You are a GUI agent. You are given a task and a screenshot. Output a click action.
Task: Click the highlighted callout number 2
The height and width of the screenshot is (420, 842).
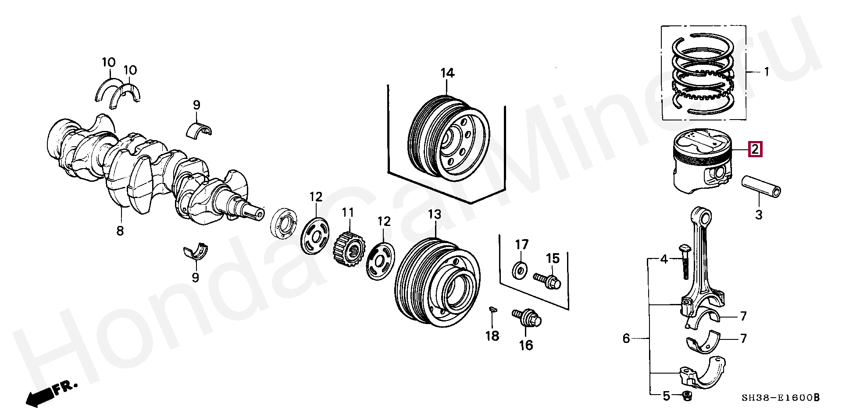[x=755, y=149]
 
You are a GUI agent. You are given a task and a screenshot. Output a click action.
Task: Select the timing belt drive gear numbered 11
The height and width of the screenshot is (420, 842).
[x=349, y=250]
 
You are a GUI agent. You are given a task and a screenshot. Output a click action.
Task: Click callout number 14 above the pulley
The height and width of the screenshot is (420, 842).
[x=447, y=73]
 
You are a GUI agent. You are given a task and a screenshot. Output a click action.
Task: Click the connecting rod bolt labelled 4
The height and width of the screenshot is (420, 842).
[x=684, y=261]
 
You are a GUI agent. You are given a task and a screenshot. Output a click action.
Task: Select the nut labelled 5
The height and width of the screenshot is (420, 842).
[x=687, y=396]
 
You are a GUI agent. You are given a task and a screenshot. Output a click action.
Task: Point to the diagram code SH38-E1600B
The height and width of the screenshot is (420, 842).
[x=780, y=398]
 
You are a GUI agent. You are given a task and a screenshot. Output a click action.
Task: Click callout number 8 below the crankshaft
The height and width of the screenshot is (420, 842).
[x=120, y=230]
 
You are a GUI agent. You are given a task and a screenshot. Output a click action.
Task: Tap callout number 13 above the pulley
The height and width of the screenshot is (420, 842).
[x=434, y=215]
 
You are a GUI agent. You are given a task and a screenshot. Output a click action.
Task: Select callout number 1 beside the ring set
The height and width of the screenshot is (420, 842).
[x=767, y=71]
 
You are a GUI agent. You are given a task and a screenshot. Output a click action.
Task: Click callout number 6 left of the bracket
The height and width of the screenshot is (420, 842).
[x=626, y=338]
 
